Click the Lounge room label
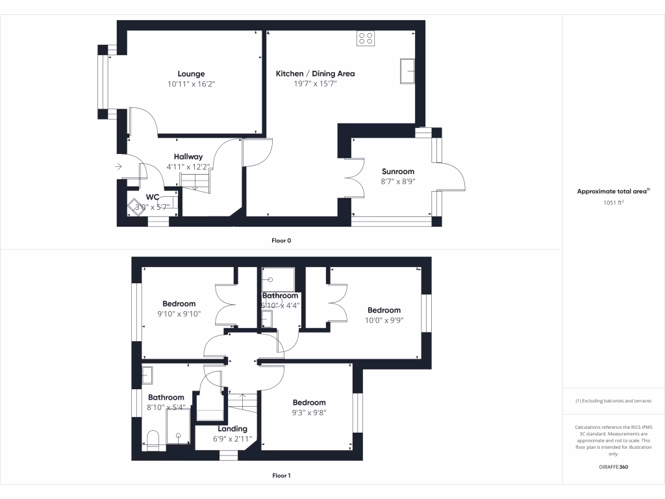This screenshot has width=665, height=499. click(x=191, y=74)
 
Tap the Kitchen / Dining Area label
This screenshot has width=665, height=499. click(x=315, y=74)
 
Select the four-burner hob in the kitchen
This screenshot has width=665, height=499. click(x=366, y=38)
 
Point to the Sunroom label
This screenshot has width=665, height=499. click(x=398, y=172)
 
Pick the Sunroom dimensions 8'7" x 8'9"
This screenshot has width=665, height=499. click(x=398, y=182)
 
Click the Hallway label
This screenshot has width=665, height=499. click(x=188, y=157)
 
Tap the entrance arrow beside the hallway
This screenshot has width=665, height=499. click(x=118, y=167)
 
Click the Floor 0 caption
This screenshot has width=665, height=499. click(x=281, y=240)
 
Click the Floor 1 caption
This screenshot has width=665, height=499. click(x=281, y=476)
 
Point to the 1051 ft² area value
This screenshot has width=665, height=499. click(x=613, y=203)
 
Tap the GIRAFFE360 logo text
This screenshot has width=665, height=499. click(x=613, y=467)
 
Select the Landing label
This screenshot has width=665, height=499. click(x=232, y=429)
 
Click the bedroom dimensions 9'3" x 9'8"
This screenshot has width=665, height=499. click(x=308, y=413)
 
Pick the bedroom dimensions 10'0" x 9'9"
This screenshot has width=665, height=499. click(x=384, y=320)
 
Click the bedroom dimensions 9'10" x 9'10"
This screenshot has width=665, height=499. click(x=179, y=314)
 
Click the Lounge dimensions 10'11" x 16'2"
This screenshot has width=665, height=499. click(x=191, y=84)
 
